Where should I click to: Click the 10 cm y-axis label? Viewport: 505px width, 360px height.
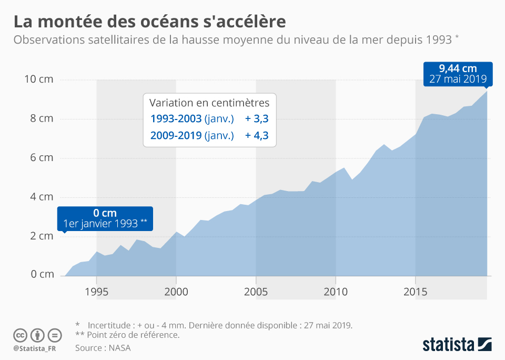38,79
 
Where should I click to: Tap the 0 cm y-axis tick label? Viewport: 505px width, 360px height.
42,275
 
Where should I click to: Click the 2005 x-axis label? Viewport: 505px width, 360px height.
256,292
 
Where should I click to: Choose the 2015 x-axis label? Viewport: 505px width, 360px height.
416,292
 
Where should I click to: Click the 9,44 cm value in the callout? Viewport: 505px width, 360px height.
458,68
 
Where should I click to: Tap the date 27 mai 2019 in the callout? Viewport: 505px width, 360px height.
458,79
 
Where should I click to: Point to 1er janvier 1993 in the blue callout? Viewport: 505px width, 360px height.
105,223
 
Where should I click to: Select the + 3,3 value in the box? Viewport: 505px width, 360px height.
257,118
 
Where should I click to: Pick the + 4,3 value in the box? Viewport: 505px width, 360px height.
257,135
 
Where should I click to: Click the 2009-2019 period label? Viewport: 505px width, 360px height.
176,135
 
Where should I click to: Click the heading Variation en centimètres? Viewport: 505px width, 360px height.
209,102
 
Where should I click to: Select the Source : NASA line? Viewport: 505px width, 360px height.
103,348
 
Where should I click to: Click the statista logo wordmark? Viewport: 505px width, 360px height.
448,345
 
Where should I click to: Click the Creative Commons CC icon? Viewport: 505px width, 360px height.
20,335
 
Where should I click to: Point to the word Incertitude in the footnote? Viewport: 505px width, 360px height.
112,325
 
